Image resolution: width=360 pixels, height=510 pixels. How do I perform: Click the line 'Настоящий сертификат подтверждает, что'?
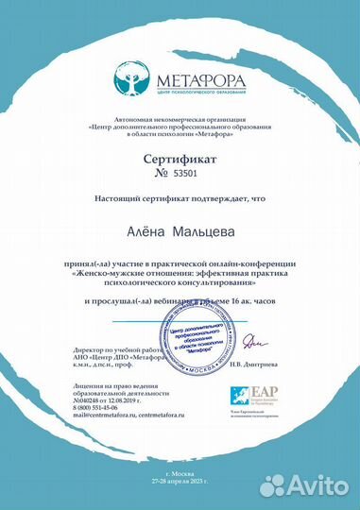pyautogui.click(x=180, y=199)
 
